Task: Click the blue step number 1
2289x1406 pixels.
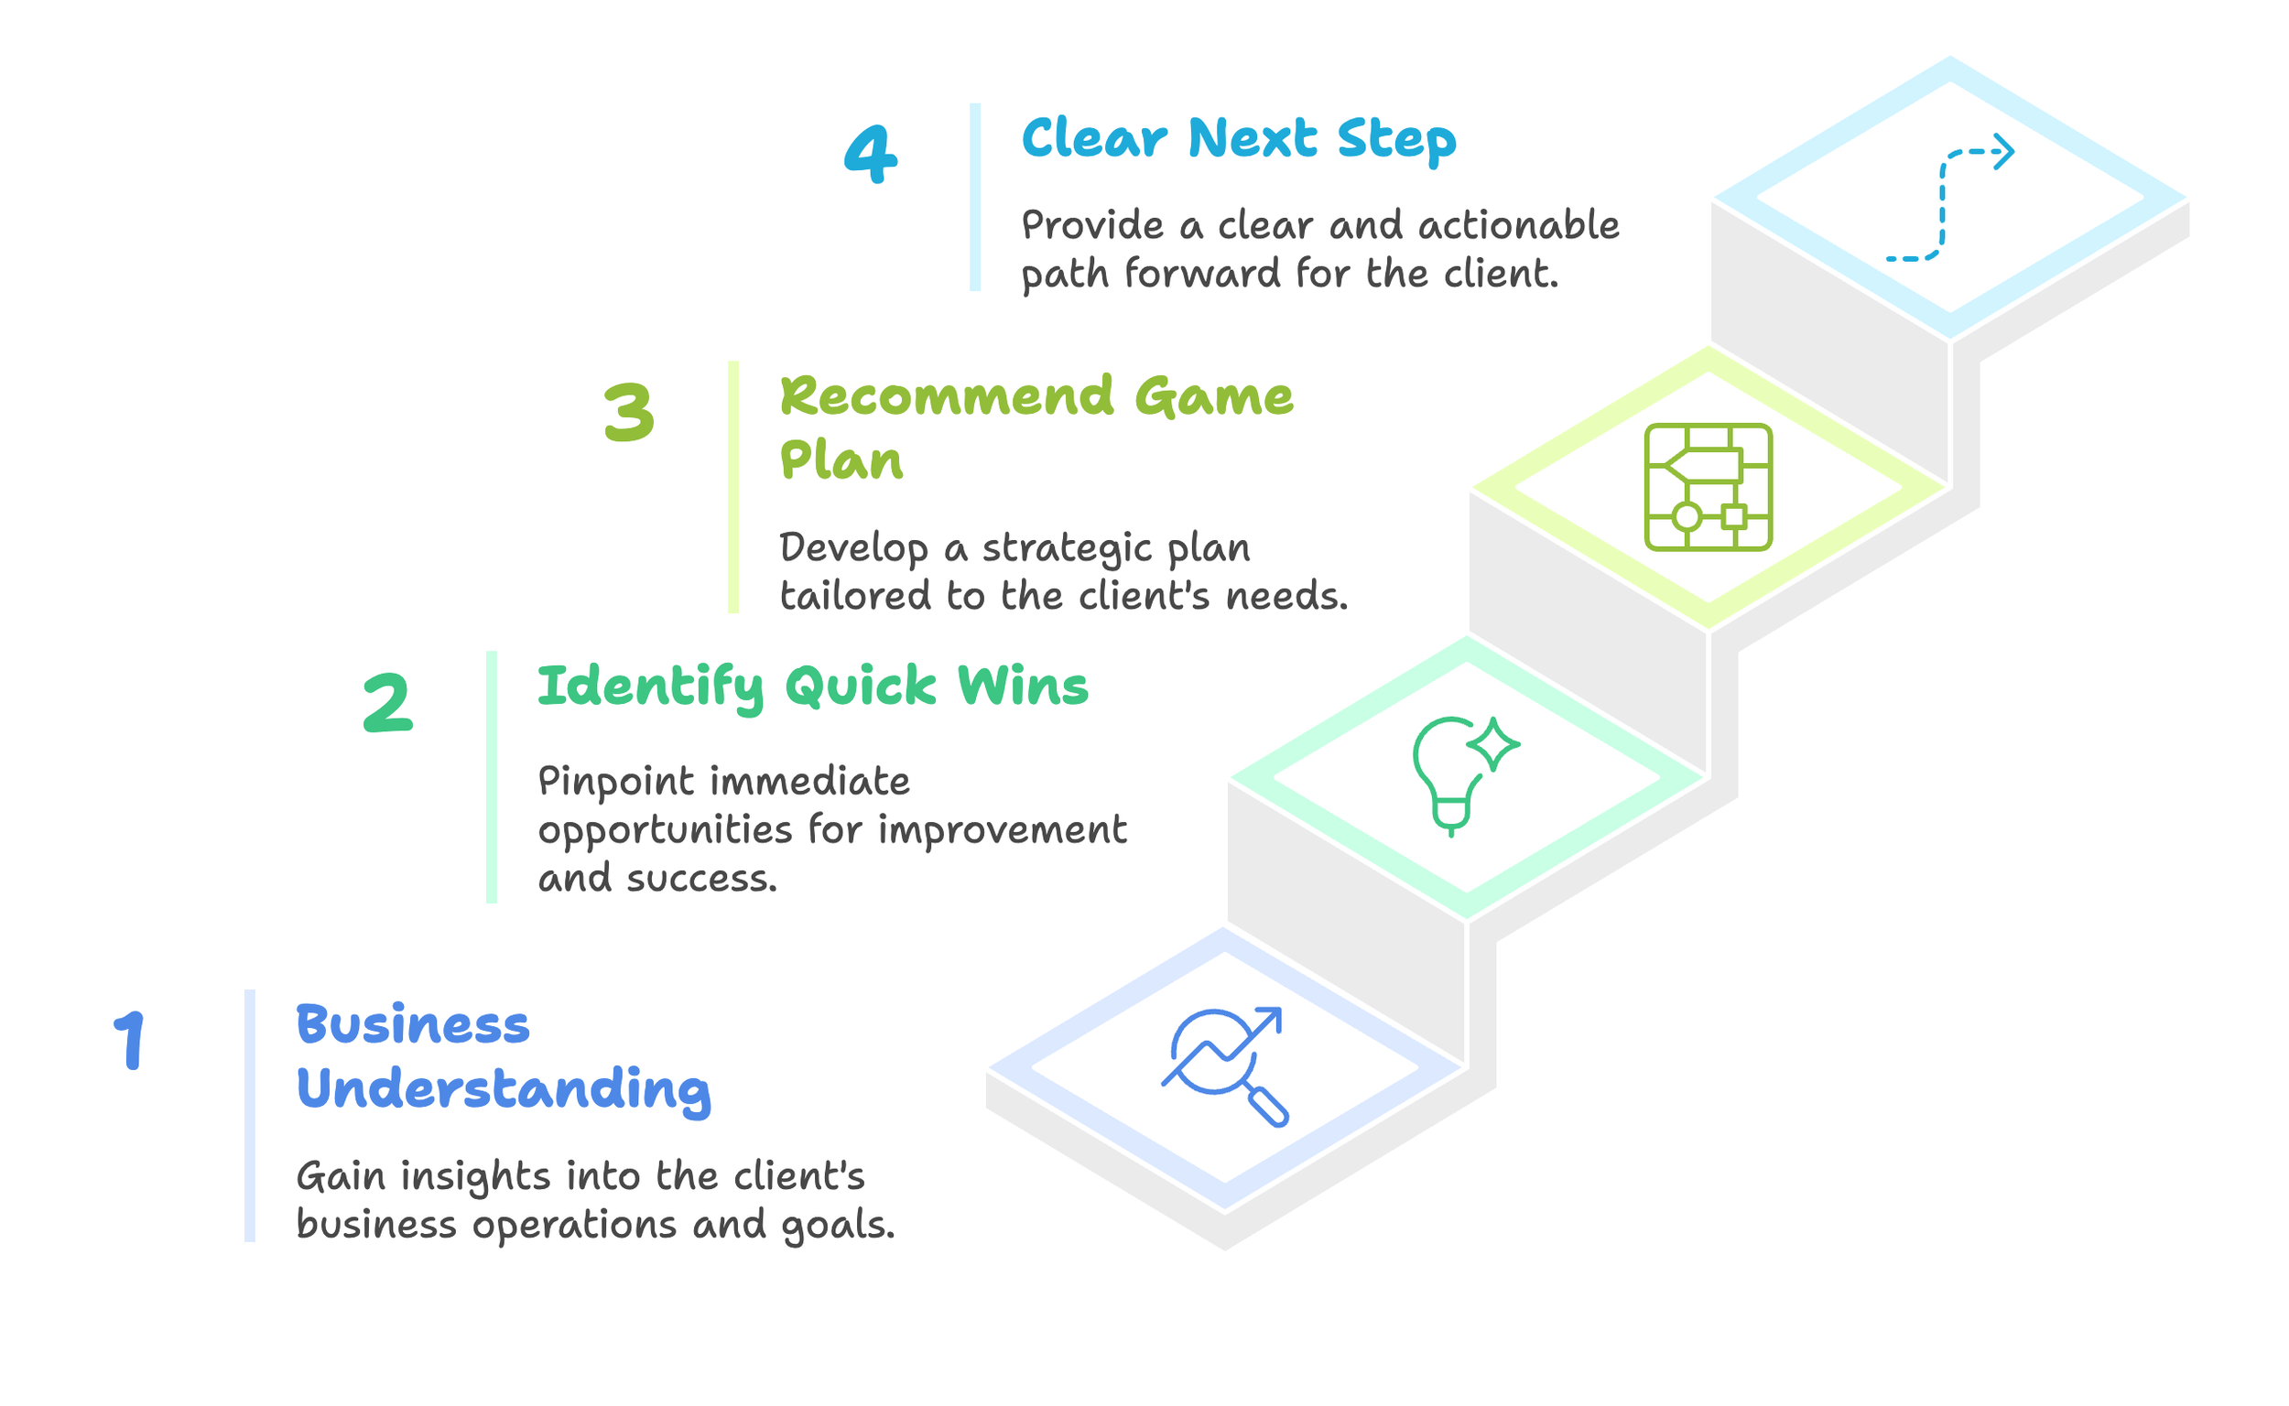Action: [x=130, y=1042]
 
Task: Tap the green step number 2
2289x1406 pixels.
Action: [x=387, y=704]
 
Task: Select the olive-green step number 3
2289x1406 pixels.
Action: [x=629, y=413]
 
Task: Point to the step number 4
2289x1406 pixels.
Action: [x=871, y=155]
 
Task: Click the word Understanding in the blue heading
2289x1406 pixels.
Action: [x=504, y=1089]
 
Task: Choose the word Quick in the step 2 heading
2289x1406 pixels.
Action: [x=861, y=687]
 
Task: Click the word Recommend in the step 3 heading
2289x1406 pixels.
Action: [x=946, y=397]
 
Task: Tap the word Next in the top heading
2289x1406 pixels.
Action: [x=1252, y=138]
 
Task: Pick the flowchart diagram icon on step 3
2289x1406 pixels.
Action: [x=1708, y=487]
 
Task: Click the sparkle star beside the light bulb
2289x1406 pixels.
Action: [x=1492, y=744]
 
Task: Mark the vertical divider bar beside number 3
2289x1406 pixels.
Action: [x=732, y=487]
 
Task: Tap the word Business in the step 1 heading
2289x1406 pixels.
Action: [x=413, y=1026]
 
